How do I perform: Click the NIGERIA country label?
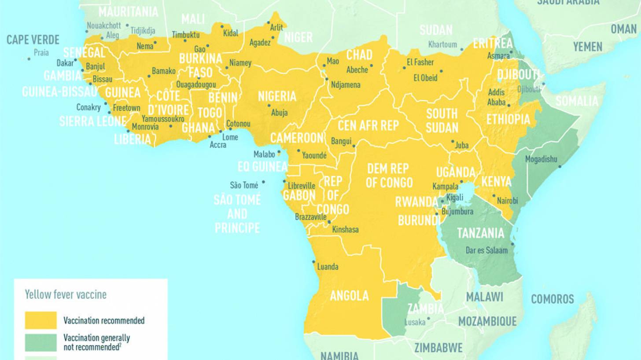[277, 96]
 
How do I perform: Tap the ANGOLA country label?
[349, 296]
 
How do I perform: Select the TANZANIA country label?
[480, 233]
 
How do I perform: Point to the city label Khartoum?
[443, 44]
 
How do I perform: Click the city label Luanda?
[328, 267]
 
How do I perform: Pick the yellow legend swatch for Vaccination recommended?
[41, 320]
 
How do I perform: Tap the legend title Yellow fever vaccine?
[66, 294]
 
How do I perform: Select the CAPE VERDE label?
[33, 40]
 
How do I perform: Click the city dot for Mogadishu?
[560, 166]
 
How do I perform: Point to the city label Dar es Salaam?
[486, 250]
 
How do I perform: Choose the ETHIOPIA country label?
[508, 119]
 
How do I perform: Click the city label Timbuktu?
[185, 35]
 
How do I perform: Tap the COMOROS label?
[552, 299]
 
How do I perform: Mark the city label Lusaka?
[415, 323]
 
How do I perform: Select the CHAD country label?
[359, 55]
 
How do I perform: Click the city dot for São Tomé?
[264, 181]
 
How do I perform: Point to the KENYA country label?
[496, 181]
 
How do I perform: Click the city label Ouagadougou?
[196, 84]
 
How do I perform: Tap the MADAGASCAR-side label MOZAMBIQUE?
[487, 321]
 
